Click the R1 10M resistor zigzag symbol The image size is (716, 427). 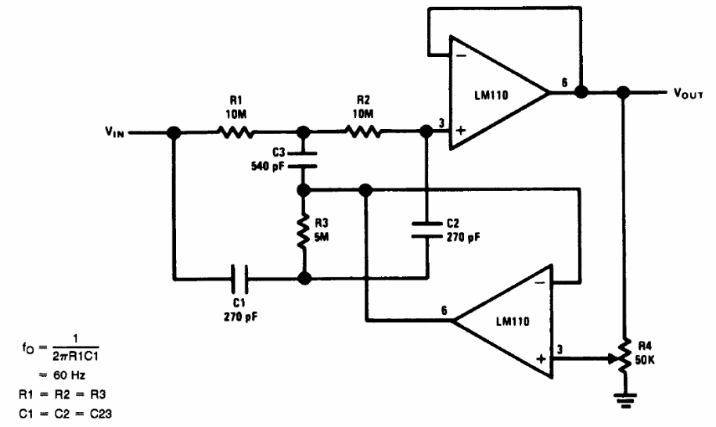236,132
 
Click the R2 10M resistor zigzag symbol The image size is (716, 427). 362,132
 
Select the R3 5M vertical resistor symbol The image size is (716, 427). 303,232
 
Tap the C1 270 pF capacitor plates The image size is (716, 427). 239,278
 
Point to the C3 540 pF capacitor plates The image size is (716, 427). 302,160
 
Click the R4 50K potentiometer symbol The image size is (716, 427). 624,356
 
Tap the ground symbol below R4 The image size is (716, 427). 624,400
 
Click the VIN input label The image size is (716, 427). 114,132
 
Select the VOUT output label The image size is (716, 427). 688,93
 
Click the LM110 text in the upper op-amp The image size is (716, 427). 491,95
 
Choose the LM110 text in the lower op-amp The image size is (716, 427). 513,321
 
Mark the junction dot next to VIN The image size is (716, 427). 174,133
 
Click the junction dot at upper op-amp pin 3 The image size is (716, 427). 426,132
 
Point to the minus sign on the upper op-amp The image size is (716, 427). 461,56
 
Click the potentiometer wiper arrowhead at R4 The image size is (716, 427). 613,358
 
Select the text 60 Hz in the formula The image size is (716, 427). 69,375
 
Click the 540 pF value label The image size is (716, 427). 268,167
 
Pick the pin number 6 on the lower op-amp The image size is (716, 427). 444,310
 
